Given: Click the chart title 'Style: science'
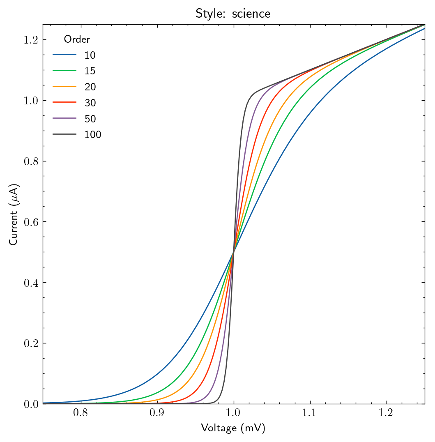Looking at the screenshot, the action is [233, 14].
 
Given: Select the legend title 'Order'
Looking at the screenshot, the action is [77, 39].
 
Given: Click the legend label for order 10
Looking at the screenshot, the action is [90, 55].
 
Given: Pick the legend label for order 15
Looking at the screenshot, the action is [90, 71].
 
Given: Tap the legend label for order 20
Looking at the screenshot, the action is [90, 87].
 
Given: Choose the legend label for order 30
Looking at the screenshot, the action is [90, 103].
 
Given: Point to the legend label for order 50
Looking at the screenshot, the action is [90, 119].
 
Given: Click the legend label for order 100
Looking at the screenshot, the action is [93, 134].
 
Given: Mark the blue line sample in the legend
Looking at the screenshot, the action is [64, 54].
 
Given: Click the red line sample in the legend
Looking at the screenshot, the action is [64, 102].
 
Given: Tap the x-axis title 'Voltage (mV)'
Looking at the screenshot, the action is [233, 428].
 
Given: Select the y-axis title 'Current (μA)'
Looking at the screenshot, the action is [13, 214].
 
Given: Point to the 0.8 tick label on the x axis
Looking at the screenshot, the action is [81, 413].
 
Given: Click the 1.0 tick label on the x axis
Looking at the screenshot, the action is [233, 413].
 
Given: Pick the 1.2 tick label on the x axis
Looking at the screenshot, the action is [386, 413].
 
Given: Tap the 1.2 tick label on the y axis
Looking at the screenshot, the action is [31, 40].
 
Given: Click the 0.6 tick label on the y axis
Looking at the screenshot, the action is [31, 222].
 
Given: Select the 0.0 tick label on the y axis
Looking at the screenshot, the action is [31, 404].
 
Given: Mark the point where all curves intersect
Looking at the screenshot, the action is [233, 252].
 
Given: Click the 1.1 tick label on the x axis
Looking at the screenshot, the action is [310, 413].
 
